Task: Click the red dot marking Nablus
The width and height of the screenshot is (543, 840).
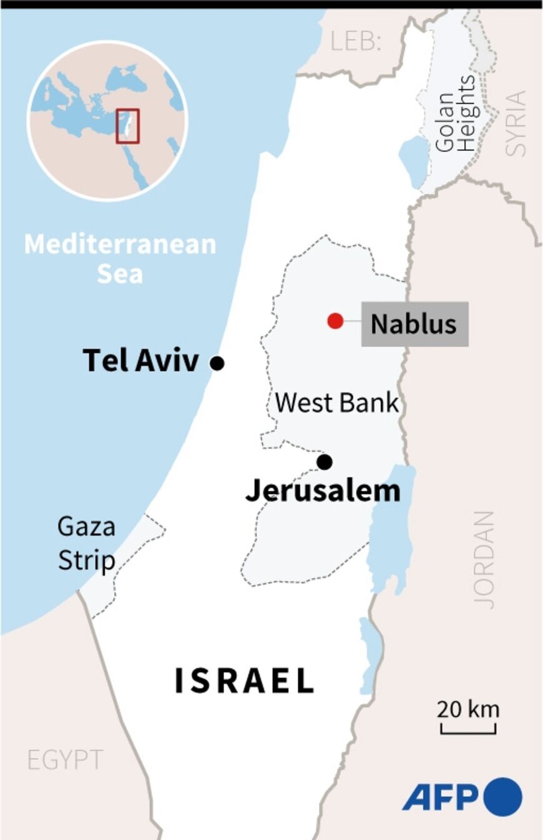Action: pos(335,321)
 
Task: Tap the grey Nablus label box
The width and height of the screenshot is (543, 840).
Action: pos(414,324)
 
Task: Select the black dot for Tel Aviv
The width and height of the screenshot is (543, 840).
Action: pos(217,363)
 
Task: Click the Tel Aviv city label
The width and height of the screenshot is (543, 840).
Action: pos(141,361)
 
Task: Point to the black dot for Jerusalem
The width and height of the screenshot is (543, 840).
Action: pos(324,462)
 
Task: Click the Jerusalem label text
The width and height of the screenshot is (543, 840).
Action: pos(323,491)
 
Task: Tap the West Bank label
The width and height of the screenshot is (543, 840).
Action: pos(336,403)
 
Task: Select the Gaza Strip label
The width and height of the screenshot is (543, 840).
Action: pos(86,544)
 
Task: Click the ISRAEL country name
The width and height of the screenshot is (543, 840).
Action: pos(244,681)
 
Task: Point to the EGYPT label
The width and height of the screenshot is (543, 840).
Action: pos(65,759)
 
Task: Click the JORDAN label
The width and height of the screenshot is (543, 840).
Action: pos(484,560)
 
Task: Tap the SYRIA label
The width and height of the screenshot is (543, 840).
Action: pos(516,123)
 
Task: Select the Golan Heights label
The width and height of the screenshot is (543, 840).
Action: pos(456,114)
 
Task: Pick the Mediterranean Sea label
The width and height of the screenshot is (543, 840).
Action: pos(120,258)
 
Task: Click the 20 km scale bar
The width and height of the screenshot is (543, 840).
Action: pos(468,728)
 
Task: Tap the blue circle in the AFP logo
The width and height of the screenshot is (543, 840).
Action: pos(502,798)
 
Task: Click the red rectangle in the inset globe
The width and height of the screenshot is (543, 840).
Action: pos(128,126)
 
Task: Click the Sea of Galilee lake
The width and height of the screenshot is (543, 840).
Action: pos(412,161)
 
